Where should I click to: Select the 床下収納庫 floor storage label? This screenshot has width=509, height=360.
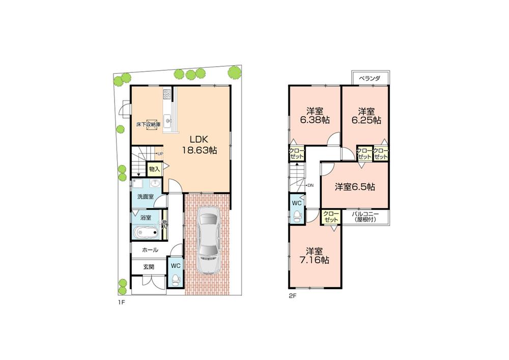tap(148, 124)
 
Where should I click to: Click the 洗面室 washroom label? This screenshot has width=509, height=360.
tap(145, 197)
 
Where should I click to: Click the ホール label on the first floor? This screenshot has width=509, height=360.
tap(150, 250)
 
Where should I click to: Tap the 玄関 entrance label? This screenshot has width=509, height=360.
tap(148, 266)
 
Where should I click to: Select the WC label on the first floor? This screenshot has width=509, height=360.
tap(175, 266)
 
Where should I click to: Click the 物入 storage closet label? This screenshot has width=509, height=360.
tap(154, 169)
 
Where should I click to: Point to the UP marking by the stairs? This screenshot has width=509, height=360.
tap(160, 153)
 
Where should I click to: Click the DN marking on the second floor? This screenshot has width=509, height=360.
tap(309, 185)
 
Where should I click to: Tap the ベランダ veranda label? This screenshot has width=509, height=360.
tap(370, 78)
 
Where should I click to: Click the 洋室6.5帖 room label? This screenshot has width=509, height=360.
tap(355, 187)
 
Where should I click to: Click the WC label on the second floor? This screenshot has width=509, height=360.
tap(297, 203)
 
